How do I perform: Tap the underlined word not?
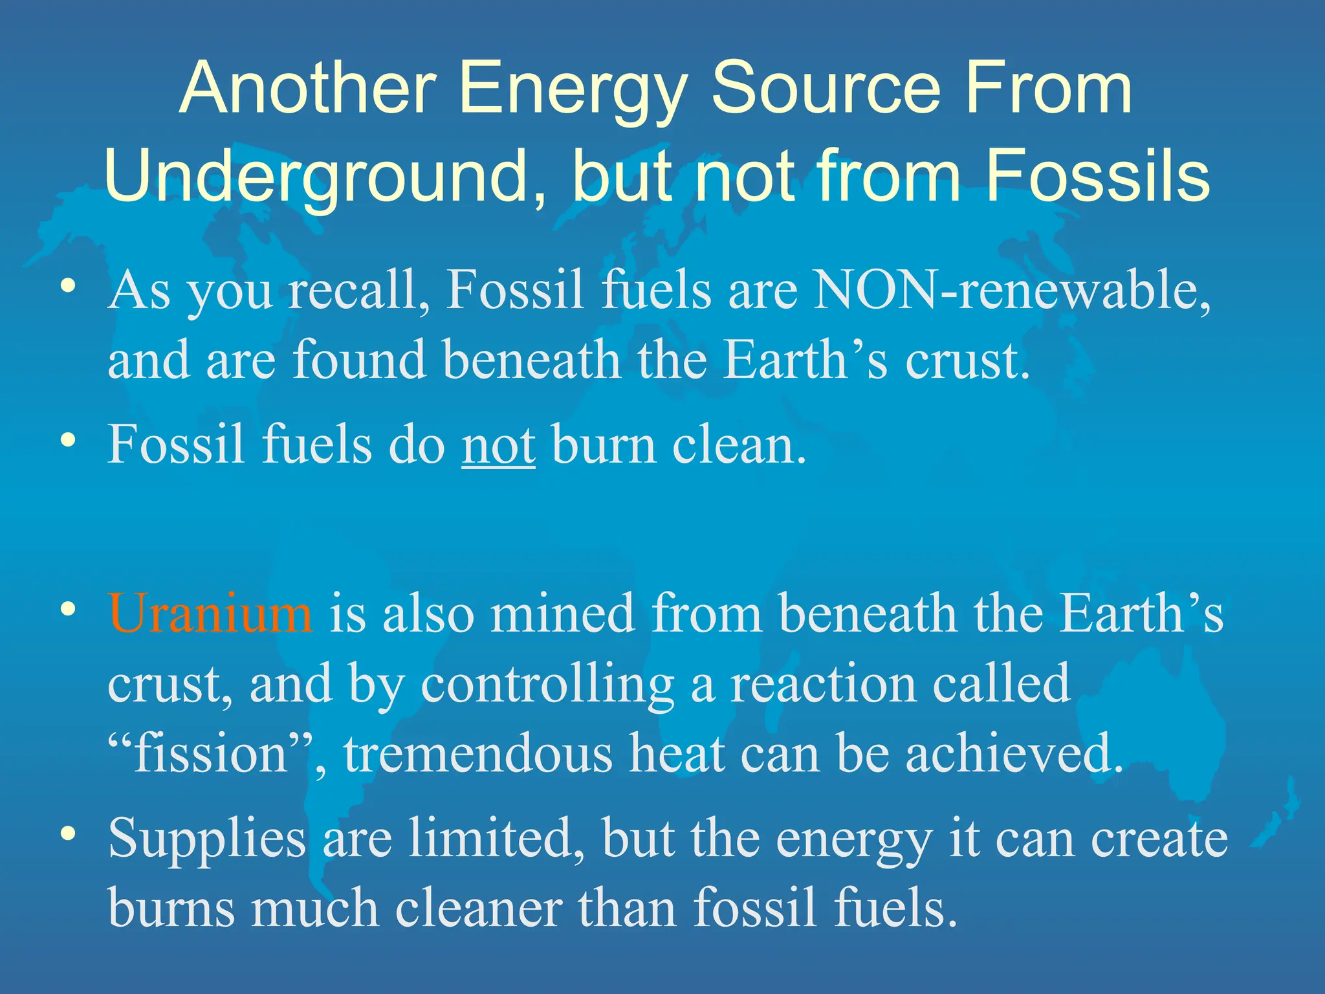[x=498, y=445]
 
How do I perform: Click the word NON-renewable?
[x=1011, y=291]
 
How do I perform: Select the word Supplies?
[x=206, y=839]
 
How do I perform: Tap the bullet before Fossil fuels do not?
[x=68, y=441]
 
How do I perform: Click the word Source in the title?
[x=826, y=87]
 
